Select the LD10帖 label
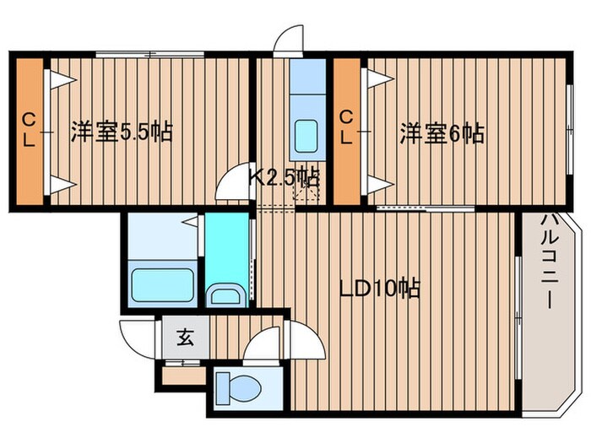[379, 289]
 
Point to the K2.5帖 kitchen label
[284, 177]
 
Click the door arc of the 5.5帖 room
[234, 186]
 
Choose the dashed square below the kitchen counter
[305, 193]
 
